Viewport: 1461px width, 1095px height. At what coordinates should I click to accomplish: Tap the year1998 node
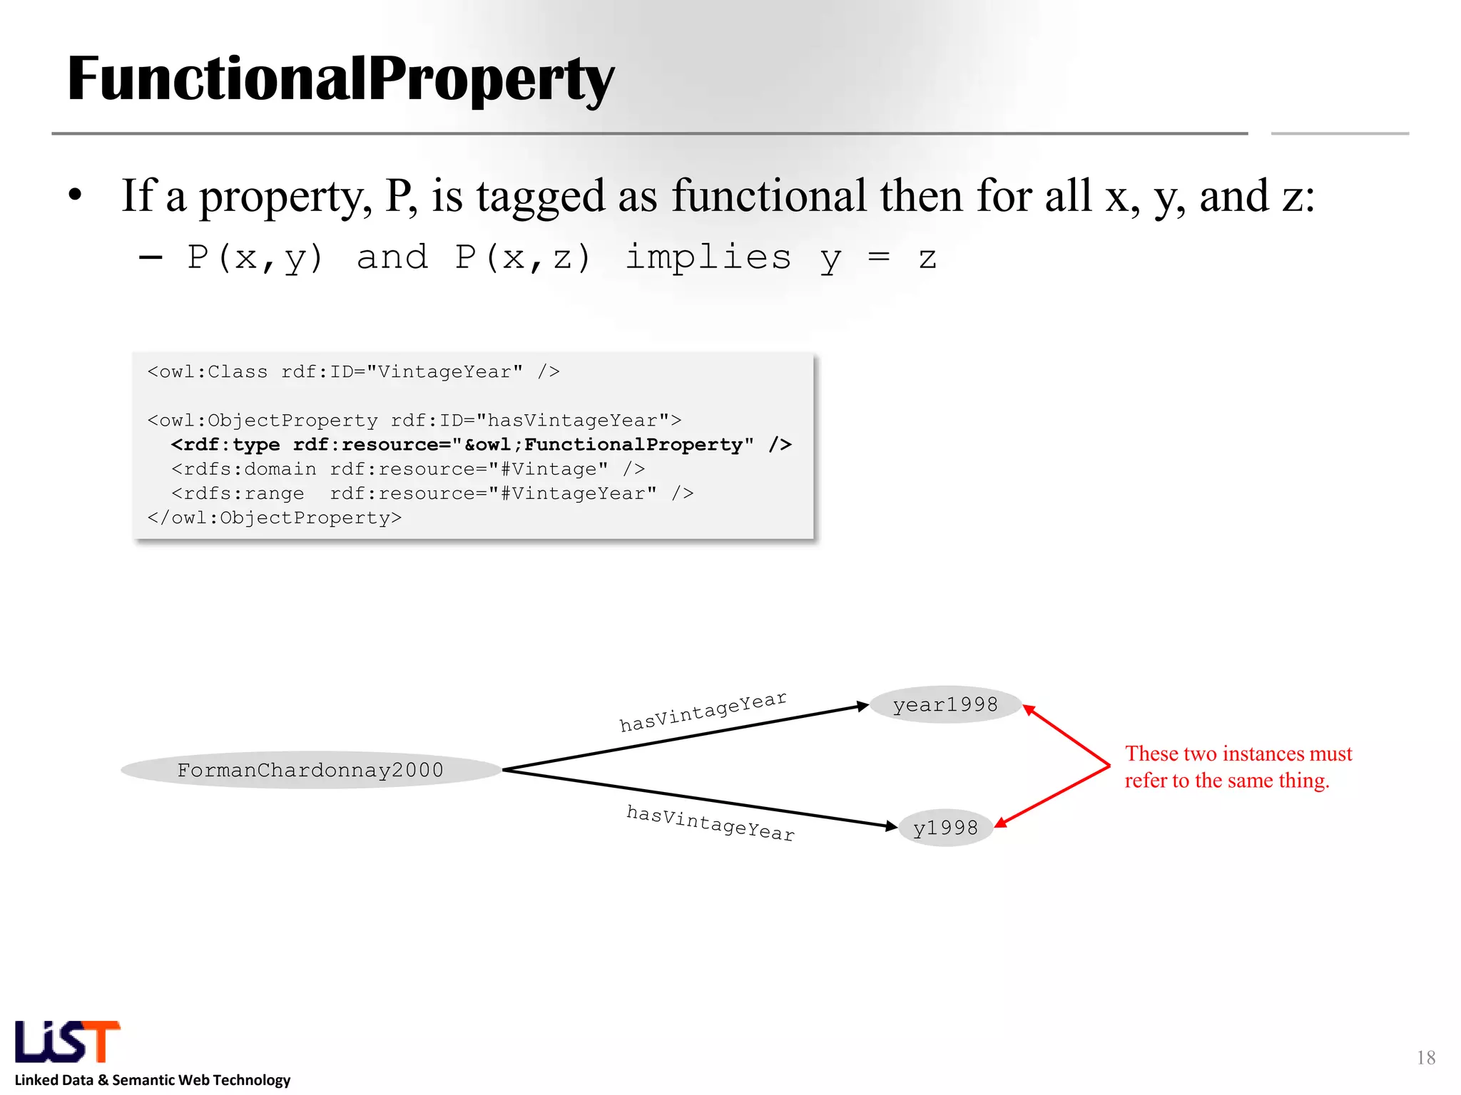(x=945, y=705)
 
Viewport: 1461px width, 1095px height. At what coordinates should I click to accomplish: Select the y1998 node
(x=945, y=828)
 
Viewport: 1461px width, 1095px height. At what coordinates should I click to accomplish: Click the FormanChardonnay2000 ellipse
(x=310, y=770)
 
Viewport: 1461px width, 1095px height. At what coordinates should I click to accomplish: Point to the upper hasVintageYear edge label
(x=703, y=711)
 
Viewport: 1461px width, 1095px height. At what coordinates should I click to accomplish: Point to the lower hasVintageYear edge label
(x=711, y=823)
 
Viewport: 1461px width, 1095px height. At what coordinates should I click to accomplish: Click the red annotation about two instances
(x=1238, y=767)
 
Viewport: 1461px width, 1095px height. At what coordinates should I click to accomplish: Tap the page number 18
(x=1426, y=1057)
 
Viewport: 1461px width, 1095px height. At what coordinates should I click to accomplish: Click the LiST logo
(x=67, y=1042)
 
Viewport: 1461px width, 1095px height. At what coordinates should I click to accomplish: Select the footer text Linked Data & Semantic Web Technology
(x=153, y=1080)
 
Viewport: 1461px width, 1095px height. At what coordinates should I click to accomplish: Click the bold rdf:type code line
(x=482, y=445)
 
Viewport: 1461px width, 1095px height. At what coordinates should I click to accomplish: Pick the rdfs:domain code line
(x=408, y=469)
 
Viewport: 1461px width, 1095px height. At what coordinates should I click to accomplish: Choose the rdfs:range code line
(x=432, y=493)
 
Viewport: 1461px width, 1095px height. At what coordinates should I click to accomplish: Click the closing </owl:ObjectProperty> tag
(x=275, y=518)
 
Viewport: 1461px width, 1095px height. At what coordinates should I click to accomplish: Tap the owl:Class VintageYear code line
(x=353, y=372)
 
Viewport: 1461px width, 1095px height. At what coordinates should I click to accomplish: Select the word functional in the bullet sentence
(x=769, y=196)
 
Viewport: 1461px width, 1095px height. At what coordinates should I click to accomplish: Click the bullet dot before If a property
(x=76, y=195)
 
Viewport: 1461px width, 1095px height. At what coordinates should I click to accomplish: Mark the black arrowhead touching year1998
(x=862, y=706)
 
